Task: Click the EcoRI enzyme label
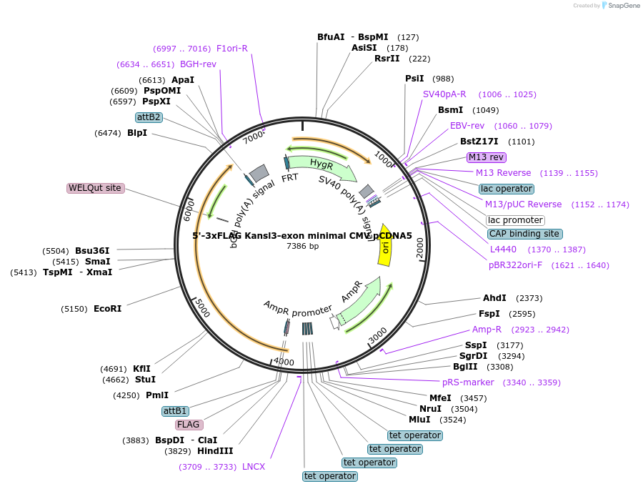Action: click(x=107, y=309)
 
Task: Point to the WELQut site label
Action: click(x=95, y=188)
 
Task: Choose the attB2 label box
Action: click(x=149, y=117)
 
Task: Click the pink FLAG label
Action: click(x=189, y=424)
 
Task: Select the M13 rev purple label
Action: click(x=487, y=157)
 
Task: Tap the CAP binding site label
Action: click(x=524, y=234)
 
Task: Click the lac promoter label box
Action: click(x=514, y=220)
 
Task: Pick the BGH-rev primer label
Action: click(x=198, y=64)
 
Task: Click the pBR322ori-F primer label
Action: click(x=515, y=265)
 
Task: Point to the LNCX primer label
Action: click(x=254, y=467)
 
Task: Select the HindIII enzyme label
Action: click(x=215, y=451)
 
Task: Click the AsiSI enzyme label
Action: click(x=364, y=48)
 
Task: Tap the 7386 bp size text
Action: click(x=302, y=246)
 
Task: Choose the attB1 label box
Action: click(x=175, y=411)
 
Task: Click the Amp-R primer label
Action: click(x=487, y=330)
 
